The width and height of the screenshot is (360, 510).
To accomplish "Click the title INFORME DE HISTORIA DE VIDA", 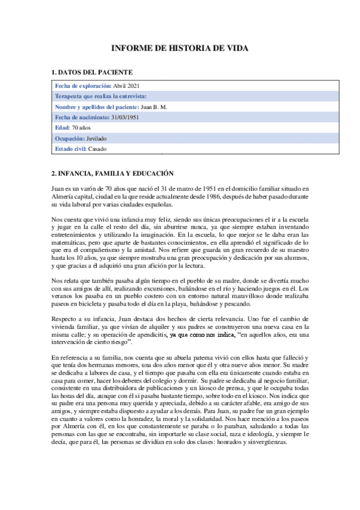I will click(x=180, y=49).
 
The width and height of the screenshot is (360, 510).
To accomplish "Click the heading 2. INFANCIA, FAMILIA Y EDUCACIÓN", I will click(x=113, y=173).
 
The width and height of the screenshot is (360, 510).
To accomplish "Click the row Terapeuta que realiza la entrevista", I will click(x=100, y=96).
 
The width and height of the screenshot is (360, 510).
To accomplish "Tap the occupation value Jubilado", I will click(x=96, y=138).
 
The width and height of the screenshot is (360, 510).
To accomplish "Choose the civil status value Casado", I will click(x=98, y=149).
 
